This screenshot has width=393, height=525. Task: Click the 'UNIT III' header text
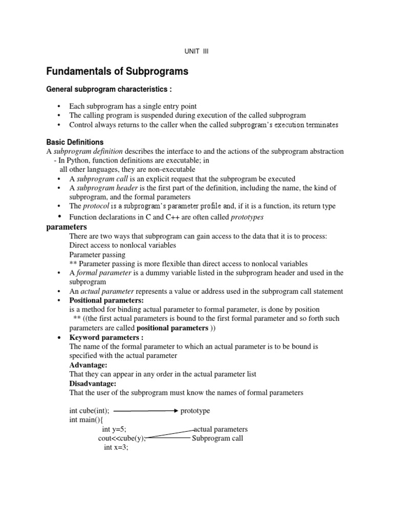click(196, 51)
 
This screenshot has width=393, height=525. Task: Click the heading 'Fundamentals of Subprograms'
click(117, 72)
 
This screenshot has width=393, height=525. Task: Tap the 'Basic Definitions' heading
click(75, 142)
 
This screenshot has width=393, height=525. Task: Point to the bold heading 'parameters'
click(67, 227)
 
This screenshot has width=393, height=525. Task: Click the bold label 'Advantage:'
click(89, 365)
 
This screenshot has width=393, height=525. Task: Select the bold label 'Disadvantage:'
click(93, 383)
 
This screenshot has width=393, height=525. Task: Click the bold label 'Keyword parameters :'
click(106, 337)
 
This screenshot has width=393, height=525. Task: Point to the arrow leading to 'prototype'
click(145, 411)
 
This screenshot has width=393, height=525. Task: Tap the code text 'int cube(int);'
click(90, 411)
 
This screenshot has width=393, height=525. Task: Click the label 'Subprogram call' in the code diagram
click(217, 438)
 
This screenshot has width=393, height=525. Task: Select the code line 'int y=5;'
click(114, 429)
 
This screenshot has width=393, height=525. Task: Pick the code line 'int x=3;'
click(116, 447)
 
